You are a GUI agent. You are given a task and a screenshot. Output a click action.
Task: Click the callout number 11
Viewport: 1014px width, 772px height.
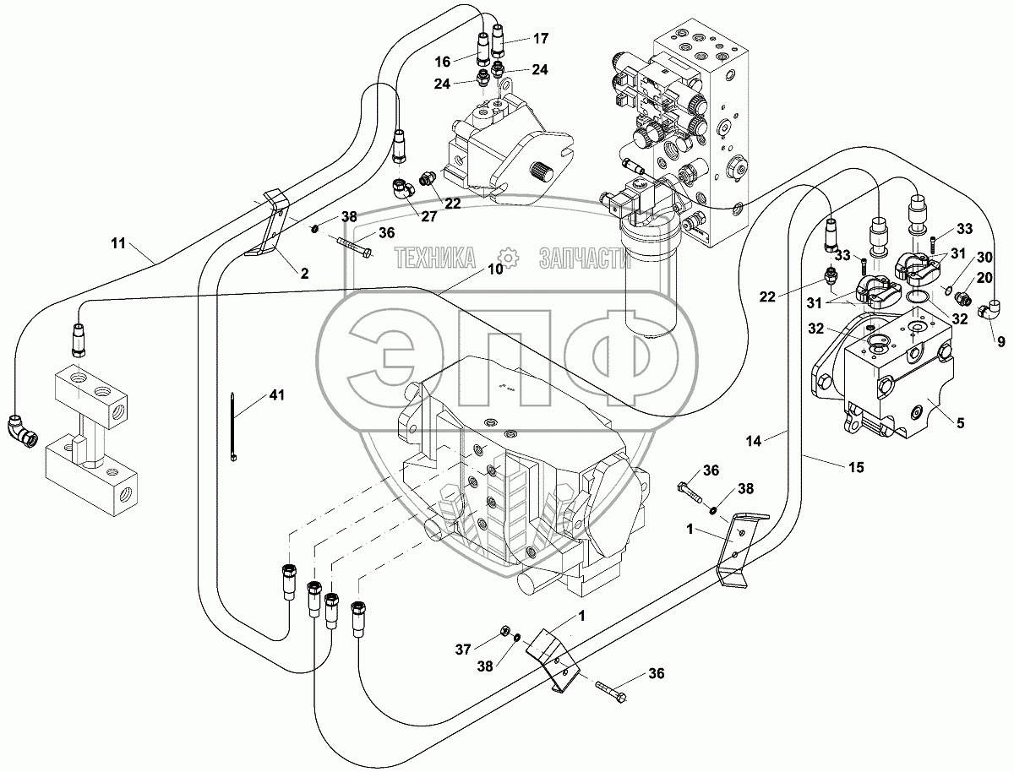[x=117, y=244]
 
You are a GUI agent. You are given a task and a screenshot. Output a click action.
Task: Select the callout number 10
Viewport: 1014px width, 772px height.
[x=495, y=269]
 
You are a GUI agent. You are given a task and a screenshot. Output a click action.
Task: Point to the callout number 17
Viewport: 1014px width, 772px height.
[x=540, y=38]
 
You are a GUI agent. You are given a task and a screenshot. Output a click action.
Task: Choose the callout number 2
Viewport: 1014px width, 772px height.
[x=304, y=273]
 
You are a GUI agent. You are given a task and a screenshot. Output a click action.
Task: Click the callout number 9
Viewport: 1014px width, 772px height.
[x=1000, y=343]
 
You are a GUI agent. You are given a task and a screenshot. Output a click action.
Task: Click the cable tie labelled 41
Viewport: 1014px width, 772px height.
[x=234, y=427]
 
